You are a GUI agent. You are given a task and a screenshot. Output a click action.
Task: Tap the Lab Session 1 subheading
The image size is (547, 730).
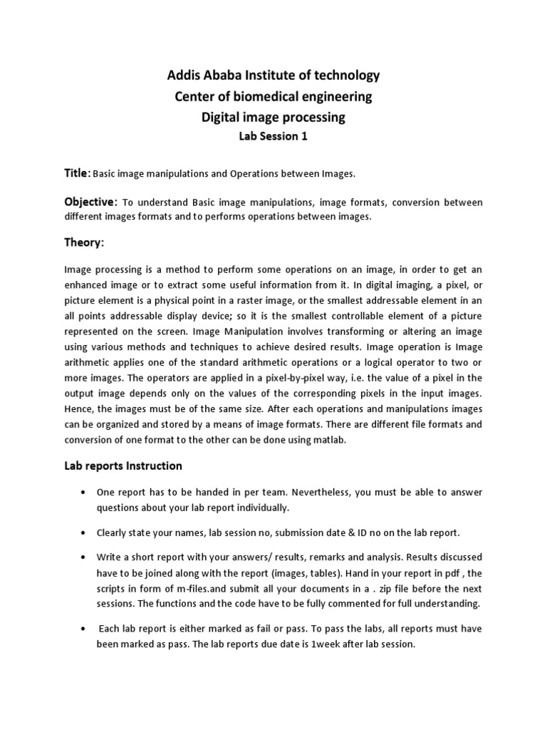pyautogui.click(x=273, y=138)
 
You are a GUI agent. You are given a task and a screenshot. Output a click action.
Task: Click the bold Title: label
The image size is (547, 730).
pyautogui.click(x=78, y=173)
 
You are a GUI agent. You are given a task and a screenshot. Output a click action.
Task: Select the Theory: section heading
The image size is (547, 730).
pyautogui.click(x=84, y=243)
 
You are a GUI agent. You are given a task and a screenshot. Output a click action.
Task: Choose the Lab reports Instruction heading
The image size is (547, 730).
pyautogui.click(x=123, y=466)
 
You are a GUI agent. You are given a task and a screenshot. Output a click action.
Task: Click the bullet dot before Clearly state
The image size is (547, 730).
pyautogui.click(x=84, y=533)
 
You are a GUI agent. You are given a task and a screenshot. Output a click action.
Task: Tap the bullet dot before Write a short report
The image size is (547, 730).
pyautogui.click(x=84, y=557)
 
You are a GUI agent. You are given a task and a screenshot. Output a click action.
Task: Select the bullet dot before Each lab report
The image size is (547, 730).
pyautogui.click(x=84, y=629)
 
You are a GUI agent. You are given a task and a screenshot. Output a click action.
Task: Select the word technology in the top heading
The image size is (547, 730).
pyautogui.click(x=342, y=75)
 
